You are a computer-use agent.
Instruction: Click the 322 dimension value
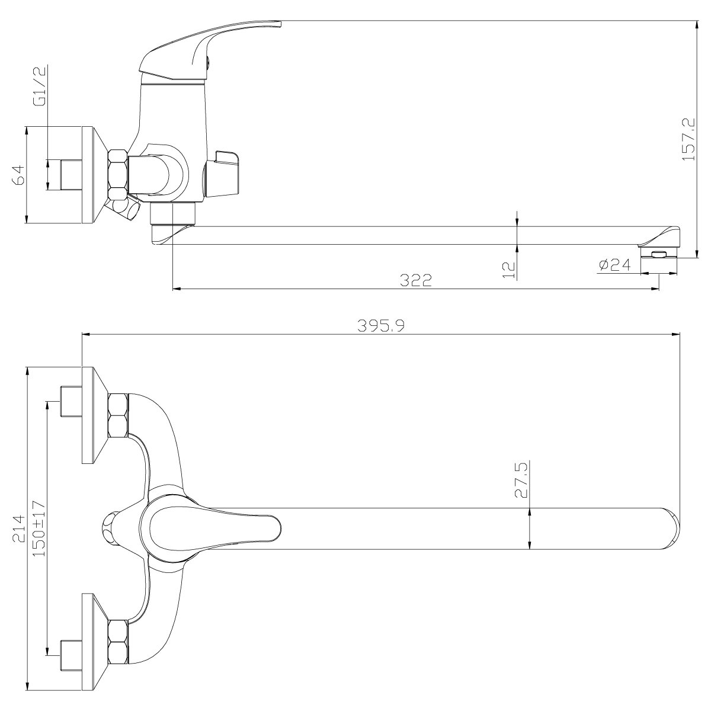point(415,281)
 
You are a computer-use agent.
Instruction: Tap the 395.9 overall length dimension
point(381,326)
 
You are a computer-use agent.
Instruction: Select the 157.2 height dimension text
point(688,139)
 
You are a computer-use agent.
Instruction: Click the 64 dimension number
point(18,175)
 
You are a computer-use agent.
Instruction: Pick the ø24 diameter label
point(614,265)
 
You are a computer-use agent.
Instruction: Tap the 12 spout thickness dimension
point(509,270)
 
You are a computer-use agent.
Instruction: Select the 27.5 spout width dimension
point(522,480)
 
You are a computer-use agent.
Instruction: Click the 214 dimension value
point(19,529)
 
